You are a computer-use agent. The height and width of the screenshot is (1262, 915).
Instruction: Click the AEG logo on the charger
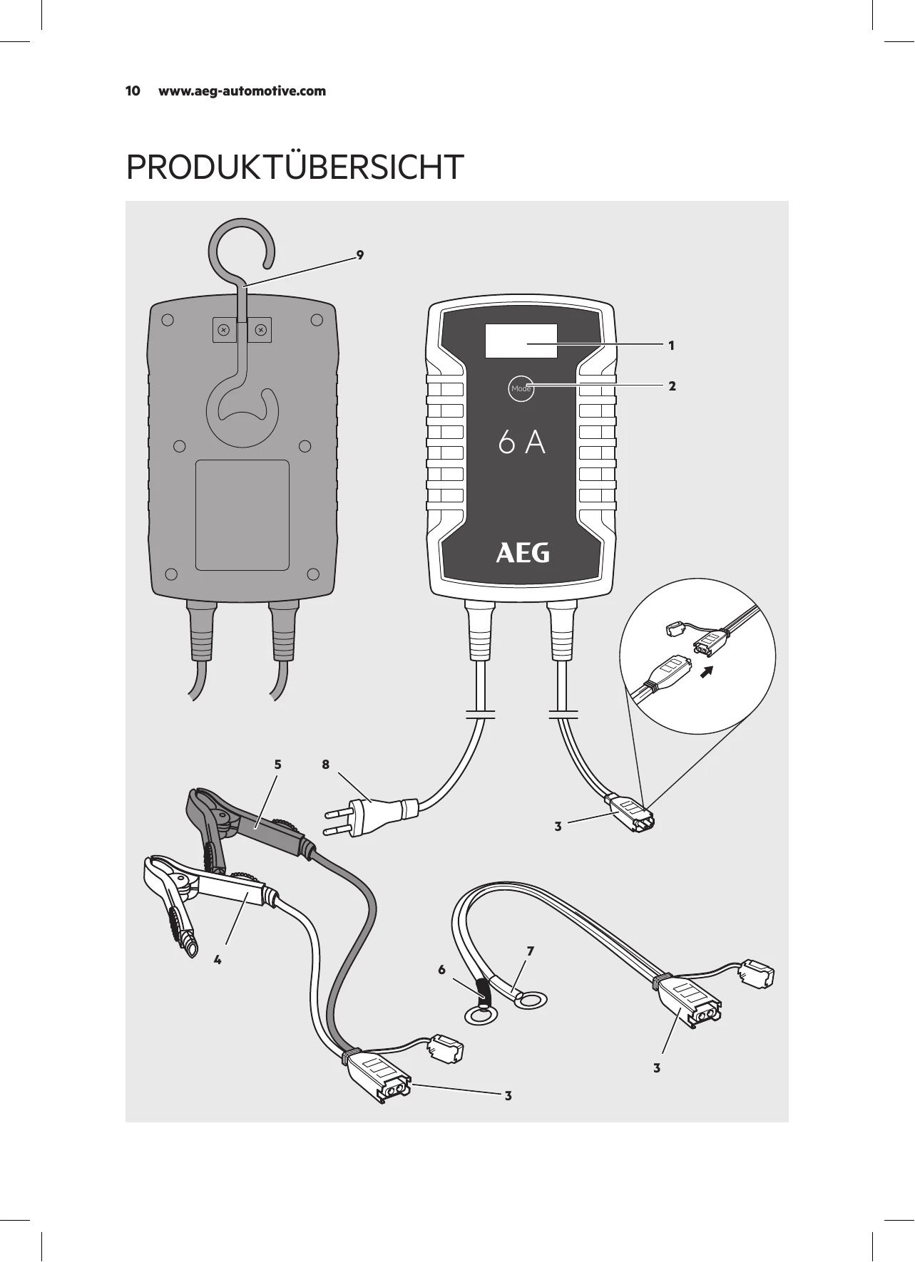[x=523, y=554]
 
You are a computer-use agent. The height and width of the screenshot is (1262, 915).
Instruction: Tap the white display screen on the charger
[x=521, y=341]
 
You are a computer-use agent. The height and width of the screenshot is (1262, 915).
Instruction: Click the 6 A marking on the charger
[x=522, y=443]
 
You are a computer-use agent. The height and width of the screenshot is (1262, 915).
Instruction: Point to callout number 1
[x=671, y=346]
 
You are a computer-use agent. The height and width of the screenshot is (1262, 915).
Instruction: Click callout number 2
[x=672, y=386]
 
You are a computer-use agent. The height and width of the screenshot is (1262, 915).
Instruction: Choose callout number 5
[x=278, y=765]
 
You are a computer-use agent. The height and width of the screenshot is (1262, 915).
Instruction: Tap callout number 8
[x=325, y=765]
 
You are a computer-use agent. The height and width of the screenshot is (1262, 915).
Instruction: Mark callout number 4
[x=218, y=960]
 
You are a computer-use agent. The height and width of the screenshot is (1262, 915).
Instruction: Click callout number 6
[x=442, y=970]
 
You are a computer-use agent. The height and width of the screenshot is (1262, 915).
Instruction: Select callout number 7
[x=531, y=951]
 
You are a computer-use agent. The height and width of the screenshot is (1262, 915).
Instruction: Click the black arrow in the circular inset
[x=707, y=670]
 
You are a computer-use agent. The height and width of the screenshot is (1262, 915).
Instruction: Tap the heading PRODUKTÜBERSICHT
[x=295, y=166]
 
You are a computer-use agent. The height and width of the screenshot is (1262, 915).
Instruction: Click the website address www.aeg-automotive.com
[x=242, y=91]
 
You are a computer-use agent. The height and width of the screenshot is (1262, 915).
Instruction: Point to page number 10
[x=133, y=91]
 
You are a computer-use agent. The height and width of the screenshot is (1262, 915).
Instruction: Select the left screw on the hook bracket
[x=223, y=330]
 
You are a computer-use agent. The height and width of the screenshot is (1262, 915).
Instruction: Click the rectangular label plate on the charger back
[x=242, y=515]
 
